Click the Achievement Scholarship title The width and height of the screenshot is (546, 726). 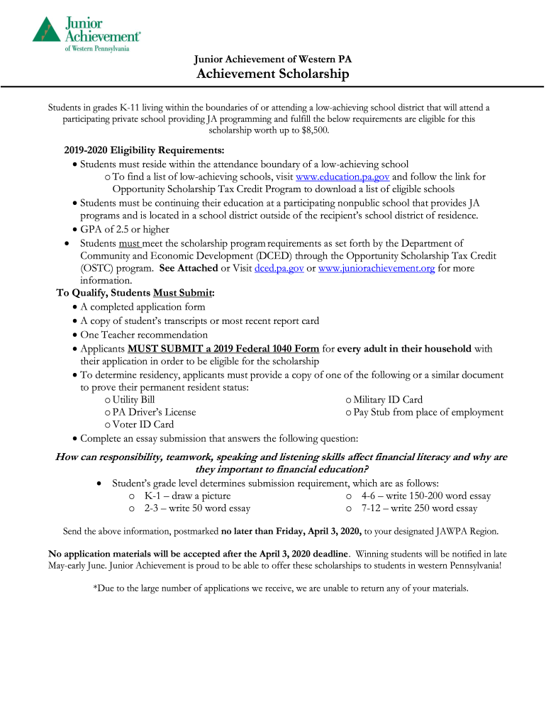pos(273,74)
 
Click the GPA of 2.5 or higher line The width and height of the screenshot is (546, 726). pos(125,229)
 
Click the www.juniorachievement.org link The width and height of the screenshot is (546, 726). pos(377,269)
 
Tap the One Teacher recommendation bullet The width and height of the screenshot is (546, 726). pos(144,335)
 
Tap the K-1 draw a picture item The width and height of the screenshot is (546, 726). pos(187,496)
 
